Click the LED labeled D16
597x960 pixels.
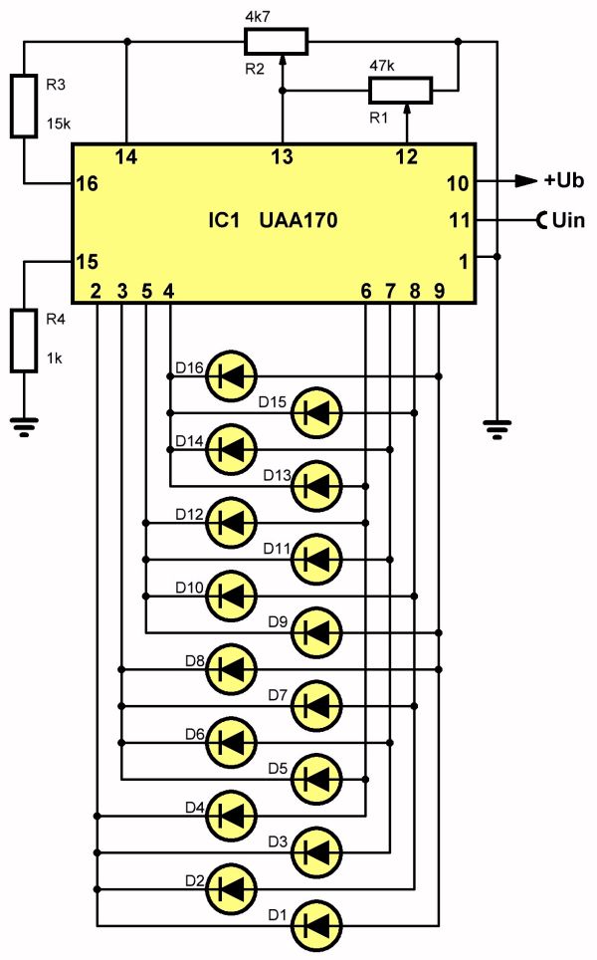coord(231,376)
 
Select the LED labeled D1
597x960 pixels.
coord(316,924)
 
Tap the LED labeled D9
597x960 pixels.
coord(316,632)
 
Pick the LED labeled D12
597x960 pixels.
coord(231,523)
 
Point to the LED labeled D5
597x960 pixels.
coord(316,779)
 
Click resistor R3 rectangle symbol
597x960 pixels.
coord(24,106)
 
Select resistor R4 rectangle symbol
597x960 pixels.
coord(24,341)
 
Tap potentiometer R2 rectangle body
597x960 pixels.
coord(277,42)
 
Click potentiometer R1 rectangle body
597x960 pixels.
coord(401,90)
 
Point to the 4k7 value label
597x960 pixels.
coord(258,17)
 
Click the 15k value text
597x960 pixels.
coord(59,123)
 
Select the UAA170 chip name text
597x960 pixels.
coord(298,220)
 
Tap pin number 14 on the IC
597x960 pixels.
coord(126,157)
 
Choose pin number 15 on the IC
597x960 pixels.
coord(87,262)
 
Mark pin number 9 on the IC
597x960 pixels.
coord(439,291)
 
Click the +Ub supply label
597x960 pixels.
coord(564,180)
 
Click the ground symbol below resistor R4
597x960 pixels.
coord(24,427)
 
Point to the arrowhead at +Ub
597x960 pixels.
coord(525,180)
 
